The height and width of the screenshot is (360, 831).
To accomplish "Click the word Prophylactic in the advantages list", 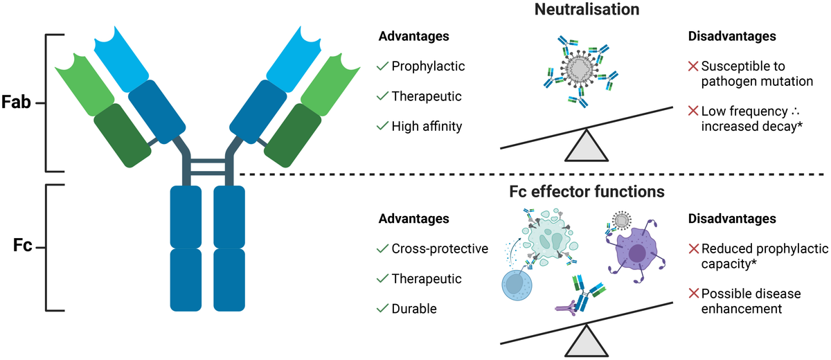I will coord(427,66).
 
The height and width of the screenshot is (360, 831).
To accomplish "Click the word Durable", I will coord(414,309).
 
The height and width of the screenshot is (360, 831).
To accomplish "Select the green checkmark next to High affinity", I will coord(381,126).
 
